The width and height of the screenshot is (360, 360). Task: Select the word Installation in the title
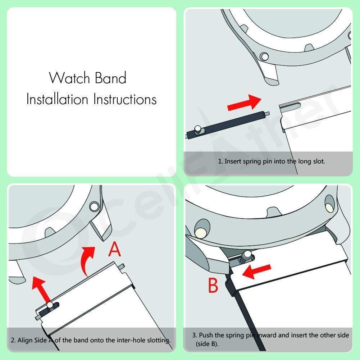57,99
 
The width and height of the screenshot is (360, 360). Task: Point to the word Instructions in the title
125,99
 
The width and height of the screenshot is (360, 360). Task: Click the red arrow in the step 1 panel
245,103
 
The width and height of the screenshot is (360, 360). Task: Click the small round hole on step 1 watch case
265,56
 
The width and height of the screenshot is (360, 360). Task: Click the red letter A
115,250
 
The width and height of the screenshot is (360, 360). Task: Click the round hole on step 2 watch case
95,206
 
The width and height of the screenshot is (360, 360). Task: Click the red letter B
213,286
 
